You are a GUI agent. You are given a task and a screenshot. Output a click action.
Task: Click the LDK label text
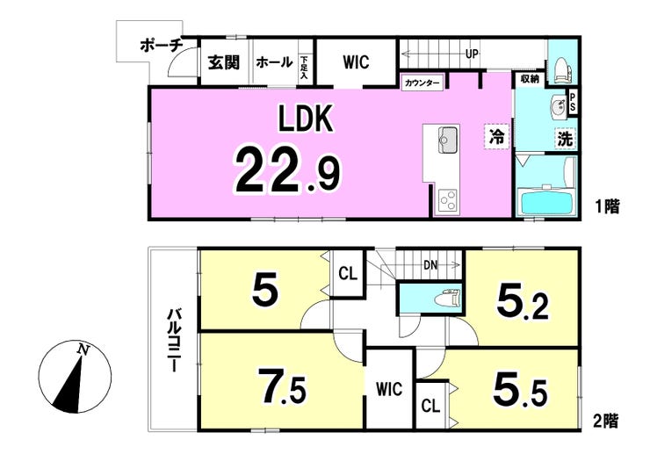tap(306, 119)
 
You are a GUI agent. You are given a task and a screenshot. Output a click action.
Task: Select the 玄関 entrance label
tap(224, 62)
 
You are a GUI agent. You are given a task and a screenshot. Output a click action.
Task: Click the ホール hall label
tap(274, 62)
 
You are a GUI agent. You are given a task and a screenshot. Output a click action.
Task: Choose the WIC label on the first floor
tap(356, 62)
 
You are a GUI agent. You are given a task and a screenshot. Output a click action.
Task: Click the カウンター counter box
tap(422, 83)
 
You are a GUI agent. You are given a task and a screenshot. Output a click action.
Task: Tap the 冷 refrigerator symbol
tap(496, 136)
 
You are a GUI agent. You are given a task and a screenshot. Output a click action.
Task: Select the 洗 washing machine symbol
tap(565, 139)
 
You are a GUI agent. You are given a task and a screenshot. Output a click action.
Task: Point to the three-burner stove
tap(447, 201)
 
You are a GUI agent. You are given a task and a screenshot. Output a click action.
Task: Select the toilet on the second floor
tap(447, 298)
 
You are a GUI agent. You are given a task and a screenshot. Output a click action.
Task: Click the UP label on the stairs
tap(472, 54)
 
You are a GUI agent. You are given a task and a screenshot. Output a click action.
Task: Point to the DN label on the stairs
tap(430, 265)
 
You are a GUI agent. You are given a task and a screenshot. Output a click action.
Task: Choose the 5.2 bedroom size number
tap(523, 304)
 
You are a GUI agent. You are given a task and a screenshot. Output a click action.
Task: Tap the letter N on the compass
tap(83, 350)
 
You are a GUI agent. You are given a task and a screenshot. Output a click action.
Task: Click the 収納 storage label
tap(530, 79)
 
